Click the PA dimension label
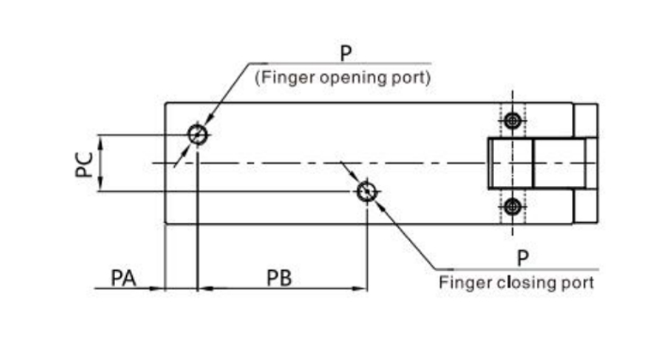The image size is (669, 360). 124,278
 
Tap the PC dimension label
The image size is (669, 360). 84,164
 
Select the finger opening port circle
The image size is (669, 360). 198,135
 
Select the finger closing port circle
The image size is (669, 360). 367,191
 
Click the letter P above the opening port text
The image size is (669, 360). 345,53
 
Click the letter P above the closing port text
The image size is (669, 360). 522,259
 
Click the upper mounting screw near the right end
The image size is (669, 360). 513,121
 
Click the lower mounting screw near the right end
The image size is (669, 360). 513,206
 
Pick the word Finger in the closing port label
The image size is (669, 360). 461,281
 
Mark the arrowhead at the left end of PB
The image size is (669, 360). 203,289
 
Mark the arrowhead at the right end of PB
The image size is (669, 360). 361,289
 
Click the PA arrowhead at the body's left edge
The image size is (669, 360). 159,289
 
